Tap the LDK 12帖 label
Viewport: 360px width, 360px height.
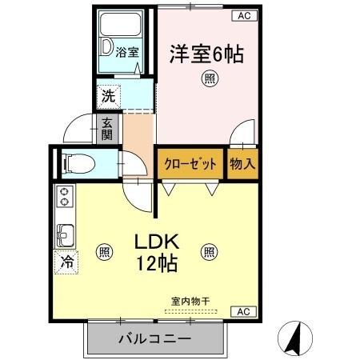pos(154,251)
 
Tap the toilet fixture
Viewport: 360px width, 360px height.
pos(79,164)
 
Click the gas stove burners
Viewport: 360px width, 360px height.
pos(64,197)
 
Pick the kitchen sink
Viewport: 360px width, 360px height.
pos(64,235)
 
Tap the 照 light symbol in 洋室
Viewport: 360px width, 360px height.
pos(208,78)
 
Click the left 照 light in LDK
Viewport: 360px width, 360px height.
pos(103,251)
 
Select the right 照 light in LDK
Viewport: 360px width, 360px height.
pos(208,251)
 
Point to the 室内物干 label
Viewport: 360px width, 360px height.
pos(190,301)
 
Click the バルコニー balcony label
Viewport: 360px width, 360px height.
pos(154,339)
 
